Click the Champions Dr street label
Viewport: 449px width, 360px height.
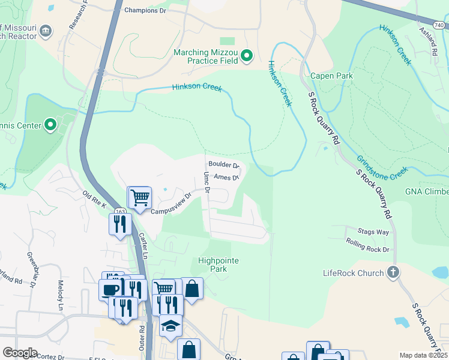[145, 10]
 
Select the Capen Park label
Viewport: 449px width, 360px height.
[331, 76]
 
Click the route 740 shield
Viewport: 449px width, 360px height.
[439, 25]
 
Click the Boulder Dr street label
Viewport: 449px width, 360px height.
[223, 165]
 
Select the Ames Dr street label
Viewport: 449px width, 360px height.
[226, 178]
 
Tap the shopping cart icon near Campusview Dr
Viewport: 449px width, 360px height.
[140, 197]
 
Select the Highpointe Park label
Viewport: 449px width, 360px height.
[218, 265]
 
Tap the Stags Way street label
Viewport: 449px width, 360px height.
[373, 232]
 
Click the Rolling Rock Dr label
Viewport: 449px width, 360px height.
[367, 245]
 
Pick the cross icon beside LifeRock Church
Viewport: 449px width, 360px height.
[393, 273]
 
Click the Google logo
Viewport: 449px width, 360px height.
[20, 353]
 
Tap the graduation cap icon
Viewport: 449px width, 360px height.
[171, 326]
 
